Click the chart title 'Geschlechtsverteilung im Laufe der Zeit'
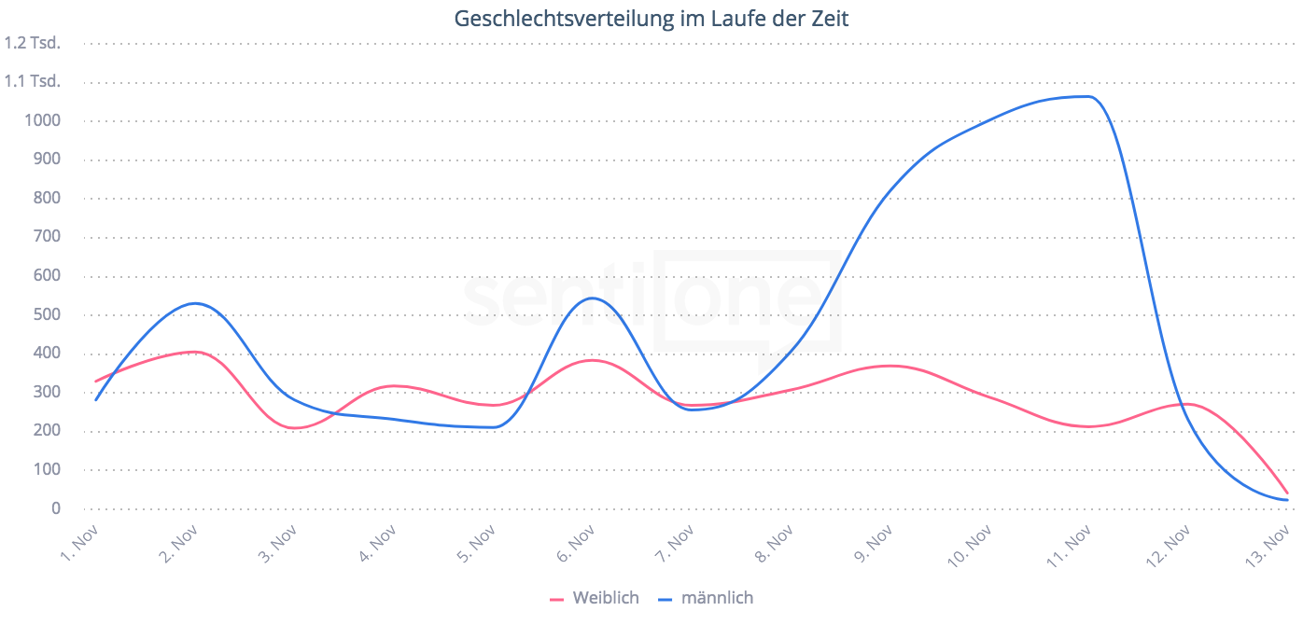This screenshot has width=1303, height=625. tap(651, 18)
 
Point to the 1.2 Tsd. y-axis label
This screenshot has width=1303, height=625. tap(33, 42)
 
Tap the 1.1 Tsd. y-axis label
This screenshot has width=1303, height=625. tap(33, 81)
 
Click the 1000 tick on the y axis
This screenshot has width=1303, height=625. tap(44, 120)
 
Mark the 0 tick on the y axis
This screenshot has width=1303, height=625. tap(56, 508)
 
